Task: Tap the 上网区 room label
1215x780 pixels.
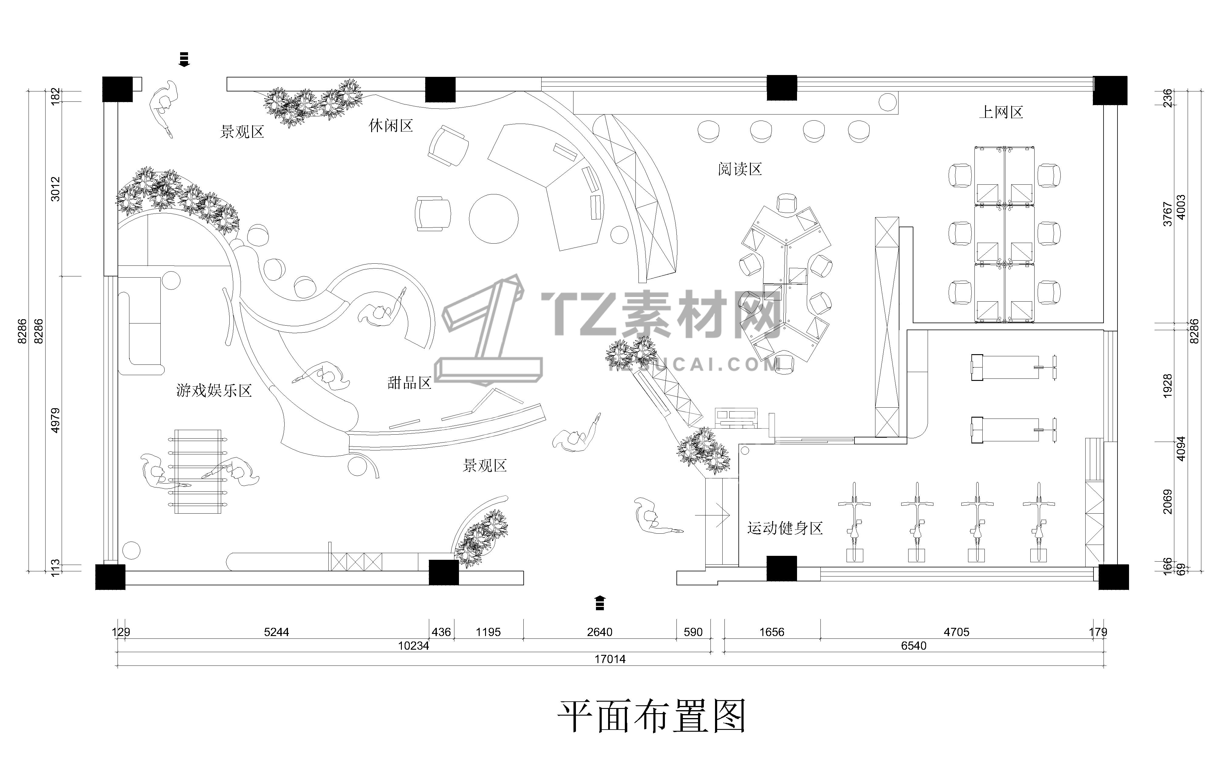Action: pos(1001,112)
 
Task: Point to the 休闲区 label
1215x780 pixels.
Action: pos(391,126)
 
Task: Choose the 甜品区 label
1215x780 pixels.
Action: pos(409,383)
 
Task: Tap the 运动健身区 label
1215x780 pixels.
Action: pos(785,528)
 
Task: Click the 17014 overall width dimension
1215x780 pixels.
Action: pos(610,659)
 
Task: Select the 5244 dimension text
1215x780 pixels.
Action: pos(276,632)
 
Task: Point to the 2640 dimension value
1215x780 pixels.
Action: pos(600,632)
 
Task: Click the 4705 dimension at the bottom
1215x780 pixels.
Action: pos(956,632)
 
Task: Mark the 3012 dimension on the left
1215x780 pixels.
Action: pos(55,189)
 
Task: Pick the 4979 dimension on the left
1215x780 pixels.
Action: pos(55,420)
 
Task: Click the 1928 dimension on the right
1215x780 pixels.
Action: pos(1167,386)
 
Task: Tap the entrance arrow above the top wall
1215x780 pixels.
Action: pos(184,59)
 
